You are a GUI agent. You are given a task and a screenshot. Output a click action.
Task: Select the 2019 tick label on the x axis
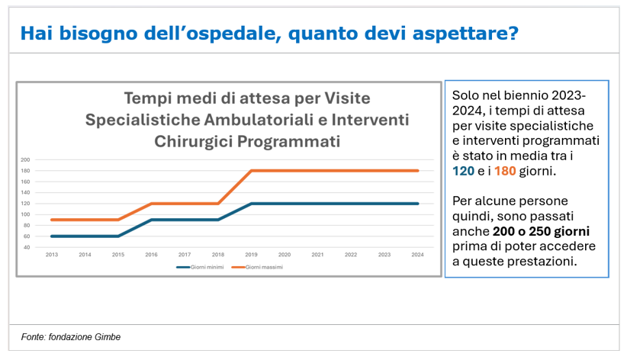[x=251, y=254]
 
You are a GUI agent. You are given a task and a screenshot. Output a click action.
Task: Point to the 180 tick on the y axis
[x=25, y=171]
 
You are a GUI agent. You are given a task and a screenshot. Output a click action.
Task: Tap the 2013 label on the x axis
[x=52, y=254]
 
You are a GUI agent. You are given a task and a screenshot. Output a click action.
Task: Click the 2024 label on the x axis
[x=417, y=254]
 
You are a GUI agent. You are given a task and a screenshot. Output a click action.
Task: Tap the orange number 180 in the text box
[x=505, y=171]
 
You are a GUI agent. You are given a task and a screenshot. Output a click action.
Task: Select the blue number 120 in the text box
[x=463, y=171]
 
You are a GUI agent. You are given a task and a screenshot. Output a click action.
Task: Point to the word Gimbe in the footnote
[x=107, y=336]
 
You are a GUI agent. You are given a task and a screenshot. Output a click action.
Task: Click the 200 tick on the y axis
[x=25, y=160]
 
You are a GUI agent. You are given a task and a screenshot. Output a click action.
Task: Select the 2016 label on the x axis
[x=151, y=254]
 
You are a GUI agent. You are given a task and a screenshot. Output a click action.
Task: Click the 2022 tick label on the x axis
[x=351, y=254]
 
